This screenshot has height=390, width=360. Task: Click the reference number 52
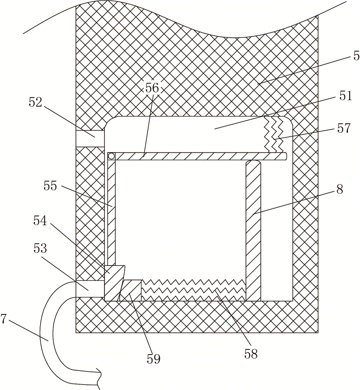35,103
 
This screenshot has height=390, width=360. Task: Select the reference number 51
345,96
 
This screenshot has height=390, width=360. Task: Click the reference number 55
50,186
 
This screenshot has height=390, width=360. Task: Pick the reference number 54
40,221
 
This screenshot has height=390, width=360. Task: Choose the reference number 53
40,248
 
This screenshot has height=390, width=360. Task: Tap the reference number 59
154,359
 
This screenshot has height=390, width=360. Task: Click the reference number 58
251,354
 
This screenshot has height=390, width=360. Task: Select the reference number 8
340,190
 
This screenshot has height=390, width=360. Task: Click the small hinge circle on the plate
112,156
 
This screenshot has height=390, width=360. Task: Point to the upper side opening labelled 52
90,138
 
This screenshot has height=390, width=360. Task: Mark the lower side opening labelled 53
90,289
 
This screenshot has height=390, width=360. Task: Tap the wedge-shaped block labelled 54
113,283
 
